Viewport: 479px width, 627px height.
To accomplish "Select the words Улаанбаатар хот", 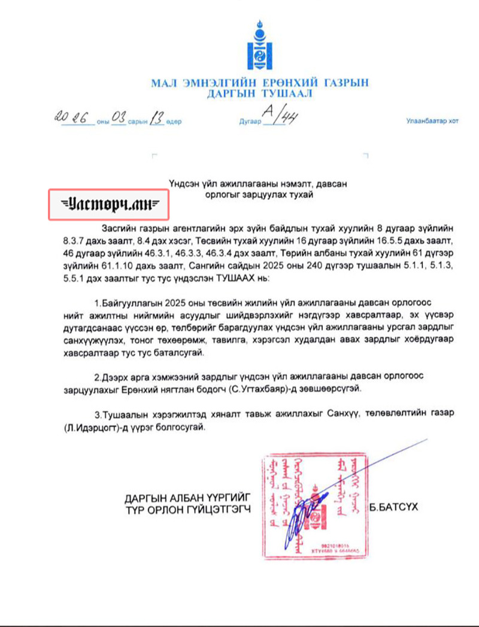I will [x=432, y=121].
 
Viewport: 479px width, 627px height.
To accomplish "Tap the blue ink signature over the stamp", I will [x=305, y=515].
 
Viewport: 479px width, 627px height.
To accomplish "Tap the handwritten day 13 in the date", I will [x=157, y=117].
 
